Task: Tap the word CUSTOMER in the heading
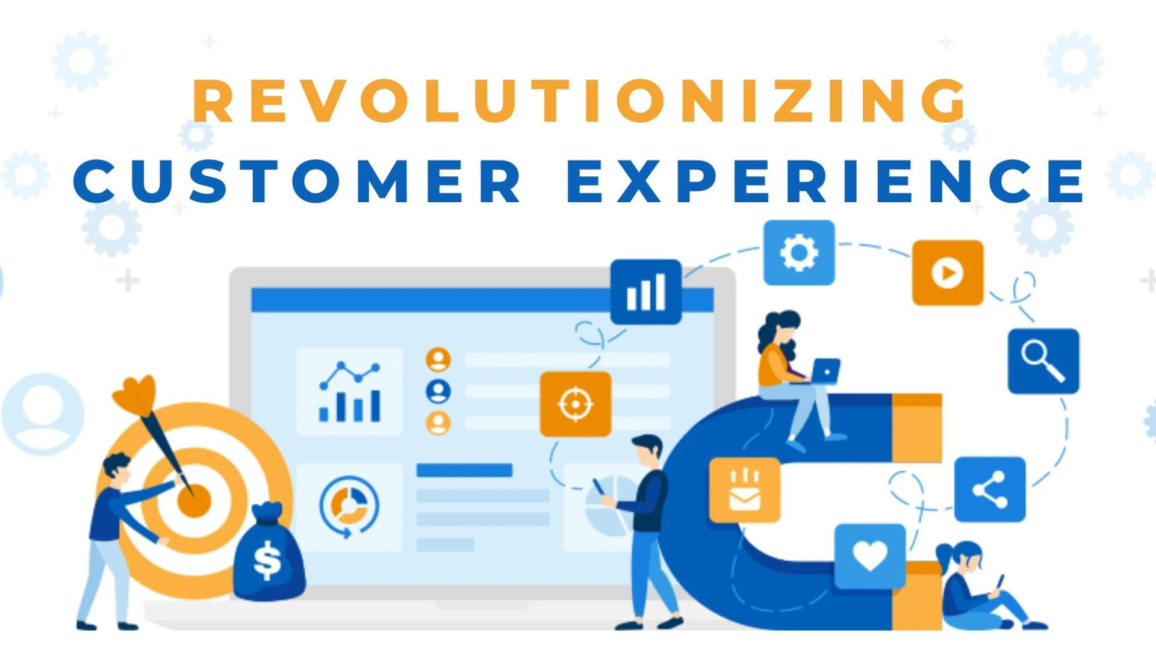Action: (298, 181)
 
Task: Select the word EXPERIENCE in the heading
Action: (826, 181)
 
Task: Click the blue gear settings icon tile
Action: (799, 252)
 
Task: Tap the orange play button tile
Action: (947, 273)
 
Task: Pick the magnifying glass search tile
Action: (1043, 361)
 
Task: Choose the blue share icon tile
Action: (990, 489)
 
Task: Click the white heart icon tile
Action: (870, 556)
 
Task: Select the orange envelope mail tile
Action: (745, 490)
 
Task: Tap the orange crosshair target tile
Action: (576, 404)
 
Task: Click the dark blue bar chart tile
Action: (646, 292)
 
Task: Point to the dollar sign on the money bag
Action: (267, 560)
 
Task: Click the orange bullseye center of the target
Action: (194, 501)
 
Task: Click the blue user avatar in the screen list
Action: (438, 391)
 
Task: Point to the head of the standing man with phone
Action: (648, 450)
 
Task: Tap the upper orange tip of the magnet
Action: (916, 428)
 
